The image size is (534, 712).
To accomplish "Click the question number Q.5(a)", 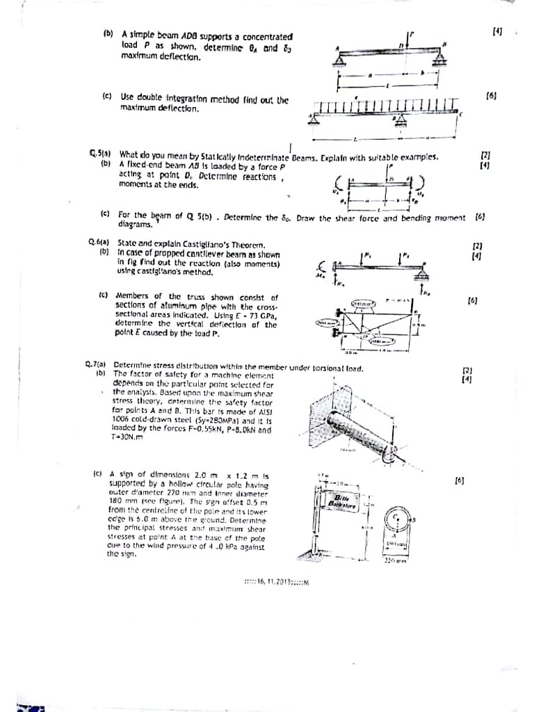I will point(99,154).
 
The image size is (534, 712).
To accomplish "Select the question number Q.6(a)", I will point(97,243).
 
